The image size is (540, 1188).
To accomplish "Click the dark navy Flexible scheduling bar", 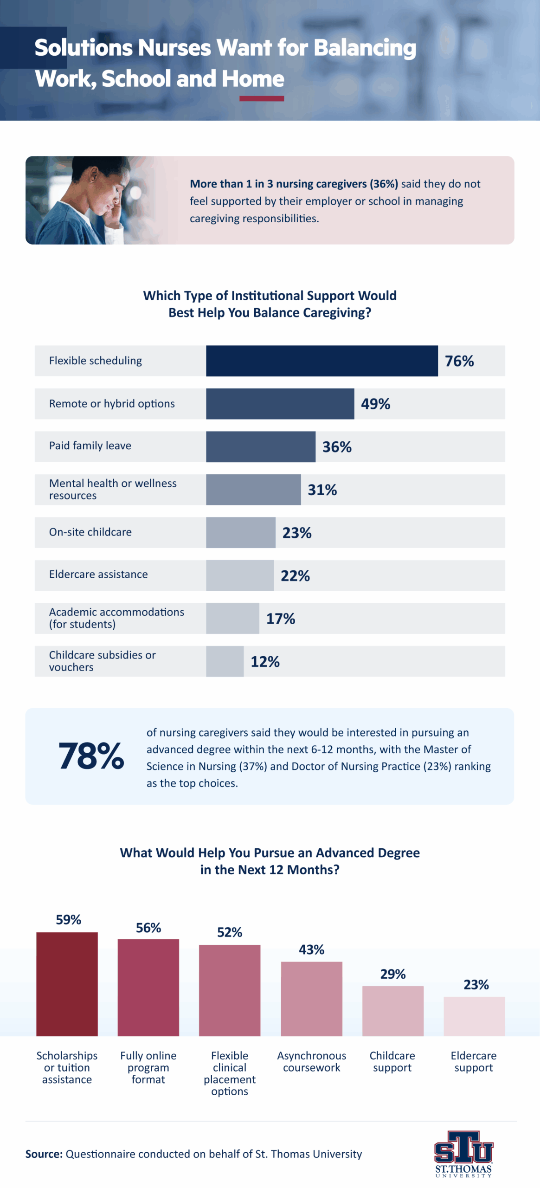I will coord(321,361).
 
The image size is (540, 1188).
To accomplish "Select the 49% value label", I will coord(375,404).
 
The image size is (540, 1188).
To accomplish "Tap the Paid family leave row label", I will coord(90,445).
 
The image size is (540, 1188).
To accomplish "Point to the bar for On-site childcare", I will coord(240,532).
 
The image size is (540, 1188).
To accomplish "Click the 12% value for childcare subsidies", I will coord(265,661).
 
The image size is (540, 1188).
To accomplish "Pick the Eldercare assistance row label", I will coord(98,574).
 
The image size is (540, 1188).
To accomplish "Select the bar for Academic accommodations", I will coord(232,618).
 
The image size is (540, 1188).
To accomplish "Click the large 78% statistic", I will coord(91,756).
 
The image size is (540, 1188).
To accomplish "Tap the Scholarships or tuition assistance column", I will coord(67,984).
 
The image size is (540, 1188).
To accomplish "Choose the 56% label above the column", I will coord(148,928).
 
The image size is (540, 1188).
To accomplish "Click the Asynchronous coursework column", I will coord(311,999).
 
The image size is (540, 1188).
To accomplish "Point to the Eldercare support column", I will coord(474,1016).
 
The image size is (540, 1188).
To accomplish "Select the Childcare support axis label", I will coord(392,1061).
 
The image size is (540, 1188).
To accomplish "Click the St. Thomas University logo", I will coord(463,1154).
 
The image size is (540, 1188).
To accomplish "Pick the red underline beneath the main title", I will coord(261,98).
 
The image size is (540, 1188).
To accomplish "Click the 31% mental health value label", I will coord(322,490).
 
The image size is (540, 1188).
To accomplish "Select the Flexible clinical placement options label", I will coord(230,1073).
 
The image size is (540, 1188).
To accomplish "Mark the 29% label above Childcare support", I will coord(393,974).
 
